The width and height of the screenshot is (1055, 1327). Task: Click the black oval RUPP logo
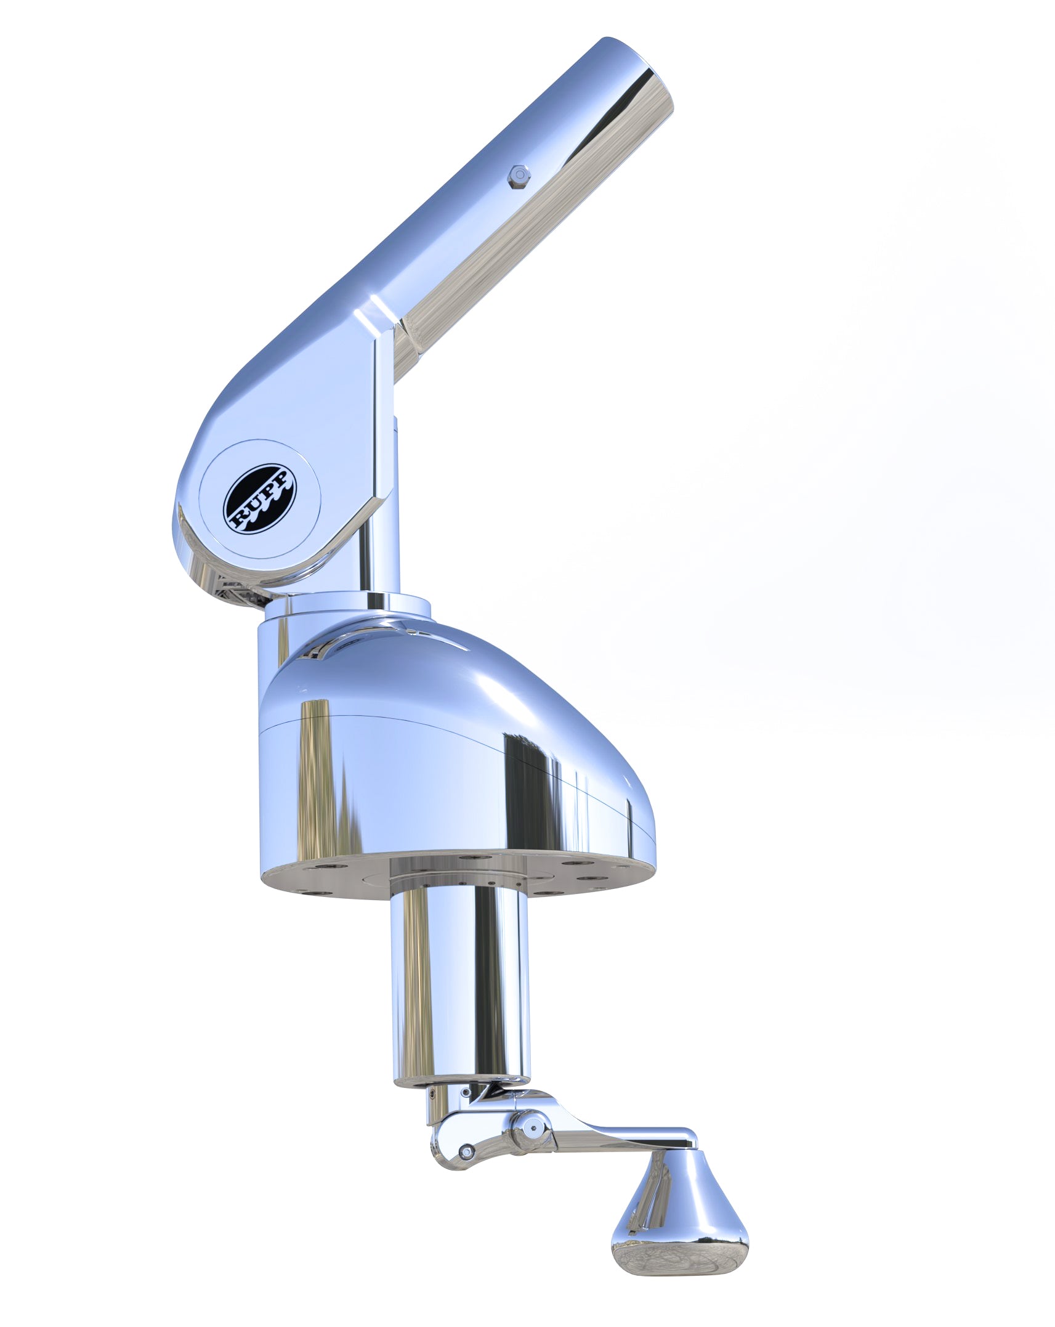point(259,498)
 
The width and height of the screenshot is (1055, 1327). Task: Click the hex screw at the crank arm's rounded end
point(467,1150)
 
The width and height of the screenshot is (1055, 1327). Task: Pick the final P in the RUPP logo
point(283,478)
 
